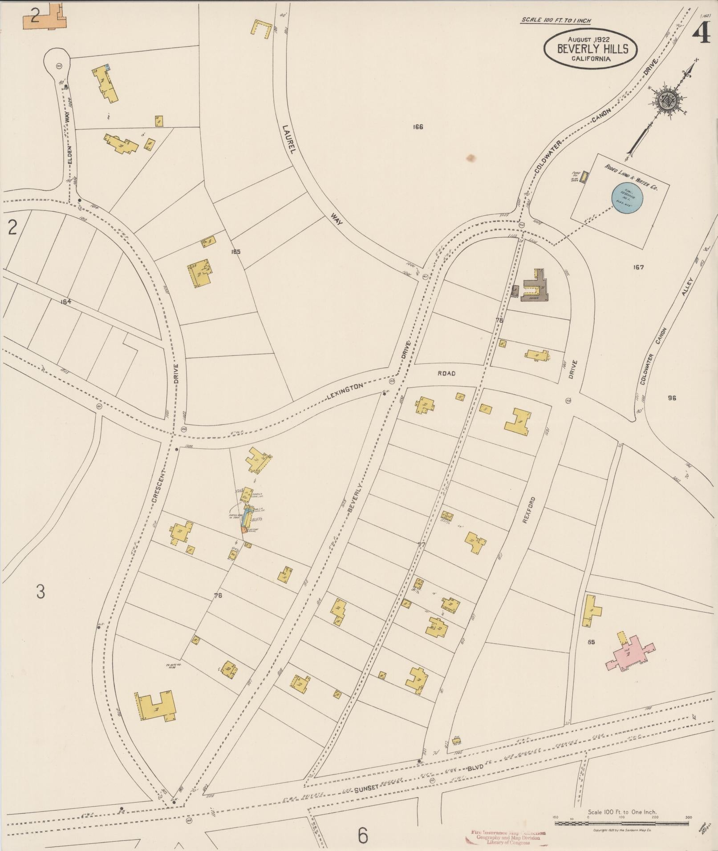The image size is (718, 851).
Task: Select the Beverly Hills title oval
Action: point(590,49)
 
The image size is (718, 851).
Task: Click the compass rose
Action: point(669,101)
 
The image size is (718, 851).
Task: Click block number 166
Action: point(417,127)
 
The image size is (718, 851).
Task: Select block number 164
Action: point(66,302)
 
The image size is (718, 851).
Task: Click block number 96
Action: point(672,398)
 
